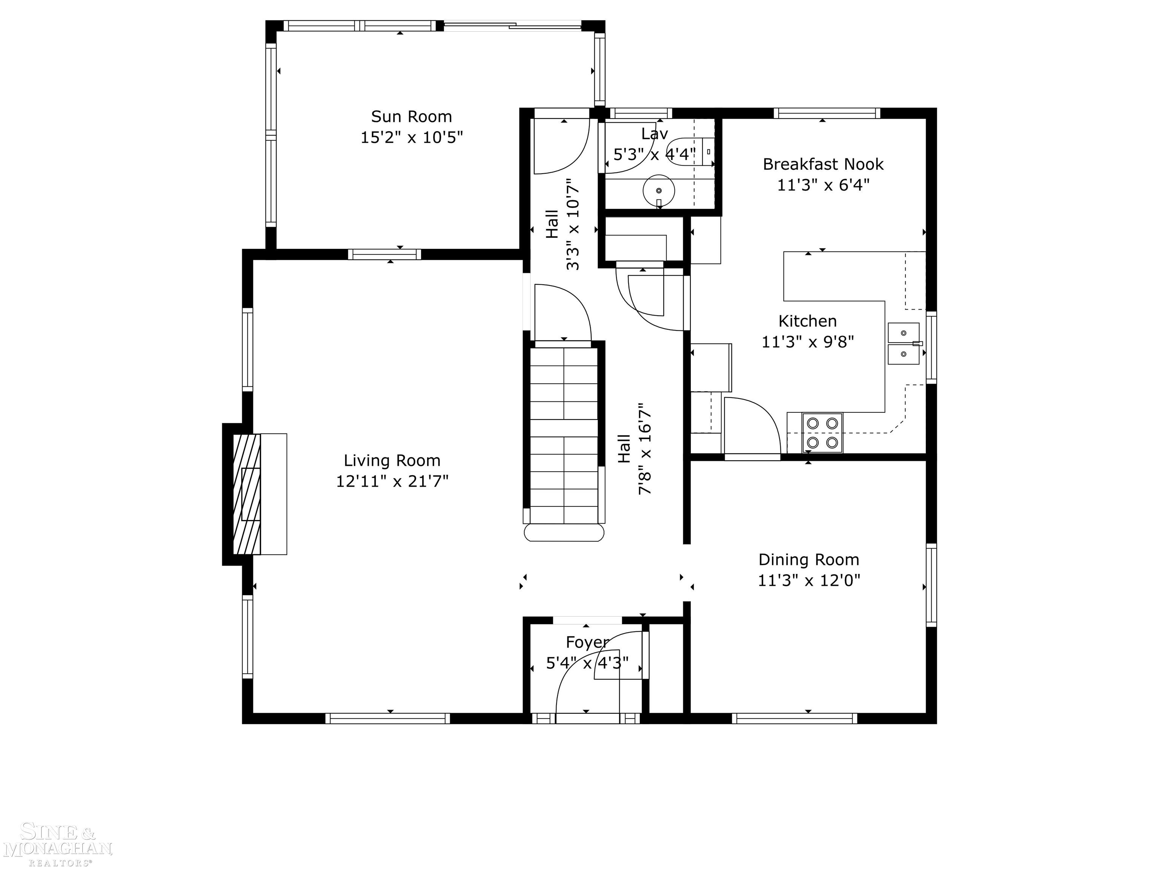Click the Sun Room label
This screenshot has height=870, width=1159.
411,116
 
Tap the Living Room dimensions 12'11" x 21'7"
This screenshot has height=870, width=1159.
392,481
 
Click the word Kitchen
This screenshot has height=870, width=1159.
807,321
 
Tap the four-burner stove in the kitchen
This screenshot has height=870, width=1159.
822,433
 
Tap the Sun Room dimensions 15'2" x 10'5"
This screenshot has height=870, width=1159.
412,137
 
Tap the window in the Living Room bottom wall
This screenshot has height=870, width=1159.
388,719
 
